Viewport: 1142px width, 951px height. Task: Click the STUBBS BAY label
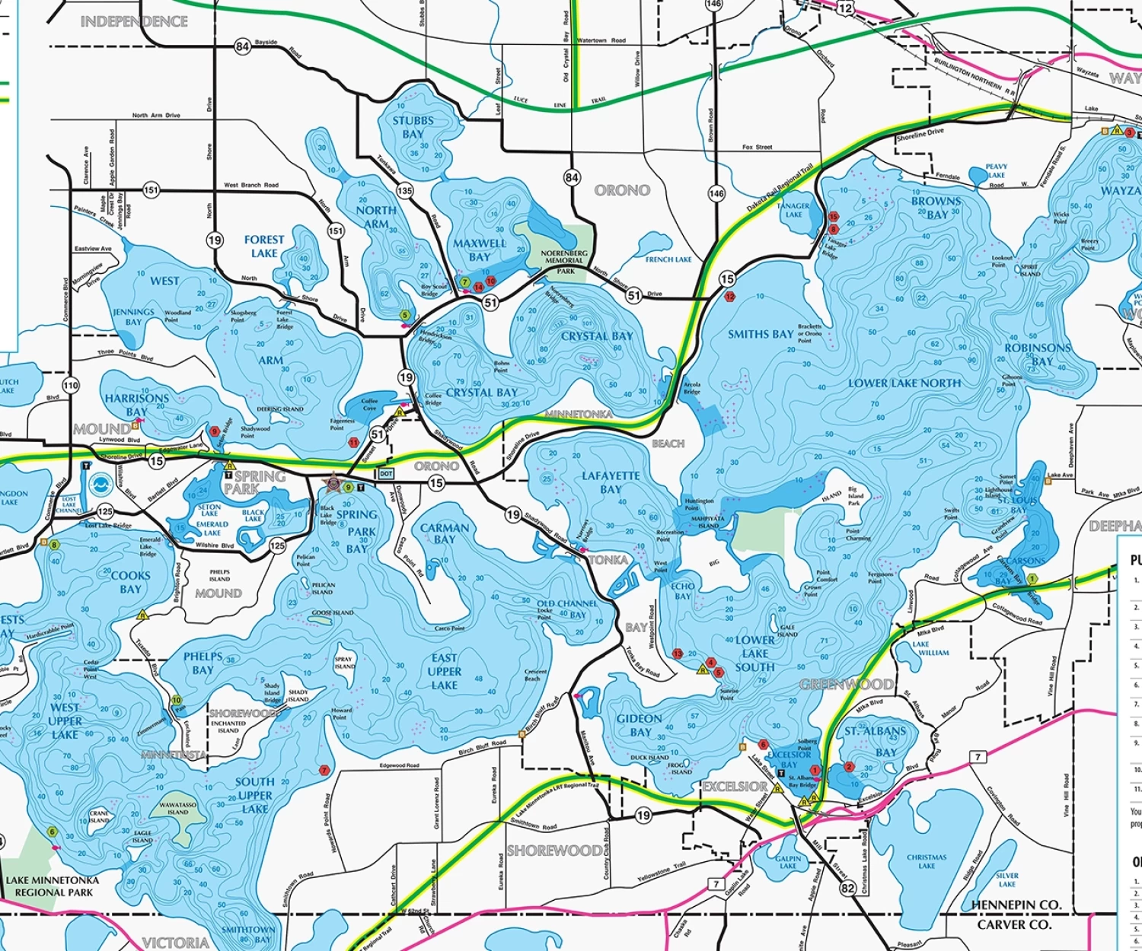pos(413,127)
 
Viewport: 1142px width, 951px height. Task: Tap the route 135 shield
pos(404,190)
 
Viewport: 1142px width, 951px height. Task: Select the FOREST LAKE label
pos(264,246)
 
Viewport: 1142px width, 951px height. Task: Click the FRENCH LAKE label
pos(668,259)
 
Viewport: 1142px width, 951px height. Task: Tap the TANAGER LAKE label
pos(793,210)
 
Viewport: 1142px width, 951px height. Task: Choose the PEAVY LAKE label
pos(996,170)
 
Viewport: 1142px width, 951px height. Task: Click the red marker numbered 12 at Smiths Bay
pos(730,297)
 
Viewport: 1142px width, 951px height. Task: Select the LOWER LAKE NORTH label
pos(904,383)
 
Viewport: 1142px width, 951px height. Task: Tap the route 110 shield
pos(71,386)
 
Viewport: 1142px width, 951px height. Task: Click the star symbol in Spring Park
pos(333,482)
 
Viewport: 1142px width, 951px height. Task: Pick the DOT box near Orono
pos(387,473)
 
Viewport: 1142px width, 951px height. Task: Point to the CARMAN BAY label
pos(445,533)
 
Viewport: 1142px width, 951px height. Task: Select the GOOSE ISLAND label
pos(332,612)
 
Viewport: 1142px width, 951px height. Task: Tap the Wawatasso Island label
pos(177,808)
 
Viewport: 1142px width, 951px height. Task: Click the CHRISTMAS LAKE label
pos(927,861)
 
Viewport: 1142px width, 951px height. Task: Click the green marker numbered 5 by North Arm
pos(405,314)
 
